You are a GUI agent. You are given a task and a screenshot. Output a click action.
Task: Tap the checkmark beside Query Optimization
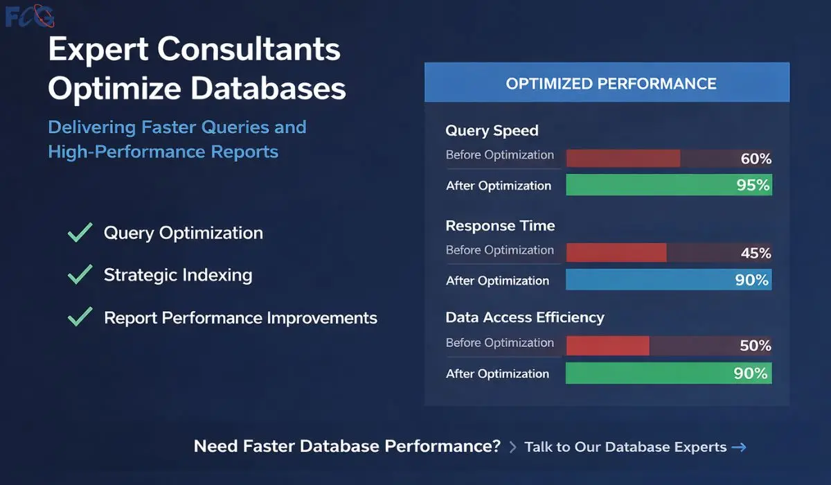click(80, 232)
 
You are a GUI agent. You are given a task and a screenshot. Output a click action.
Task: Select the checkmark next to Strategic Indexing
click(80, 275)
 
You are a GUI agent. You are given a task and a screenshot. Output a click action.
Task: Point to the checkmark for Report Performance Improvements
click(80, 317)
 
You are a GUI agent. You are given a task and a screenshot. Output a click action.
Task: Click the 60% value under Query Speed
click(756, 159)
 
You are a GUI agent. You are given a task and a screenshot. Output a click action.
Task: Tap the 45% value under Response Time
click(756, 253)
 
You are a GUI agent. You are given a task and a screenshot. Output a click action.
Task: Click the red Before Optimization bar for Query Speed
click(623, 159)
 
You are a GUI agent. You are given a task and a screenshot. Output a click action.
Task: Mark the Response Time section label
click(500, 226)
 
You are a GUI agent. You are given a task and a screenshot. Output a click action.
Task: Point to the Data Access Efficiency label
click(525, 317)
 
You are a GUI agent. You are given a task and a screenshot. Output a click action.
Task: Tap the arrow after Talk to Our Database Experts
click(739, 447)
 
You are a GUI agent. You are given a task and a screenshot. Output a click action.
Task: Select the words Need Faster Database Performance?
click(347, 446)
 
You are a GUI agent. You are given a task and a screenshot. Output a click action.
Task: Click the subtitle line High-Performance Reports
click(163, 152)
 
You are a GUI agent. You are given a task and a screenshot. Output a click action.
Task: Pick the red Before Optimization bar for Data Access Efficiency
click(607, 346)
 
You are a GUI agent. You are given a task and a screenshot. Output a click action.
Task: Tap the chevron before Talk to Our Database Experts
click(512, 448)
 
